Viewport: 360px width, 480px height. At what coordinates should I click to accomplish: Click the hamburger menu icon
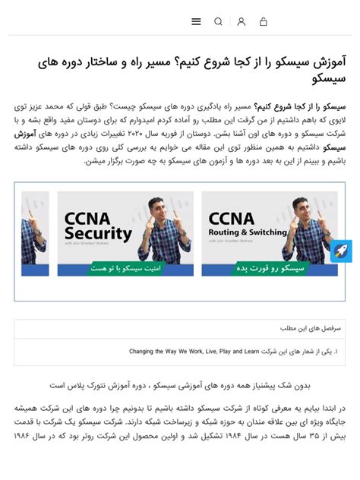(x=196, y=22)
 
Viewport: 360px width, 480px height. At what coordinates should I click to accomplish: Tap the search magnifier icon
(x=219, y=22)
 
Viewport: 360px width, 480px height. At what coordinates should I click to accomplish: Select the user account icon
(x=241, y=22)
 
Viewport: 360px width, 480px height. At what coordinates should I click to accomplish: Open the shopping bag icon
(x=263, y=22)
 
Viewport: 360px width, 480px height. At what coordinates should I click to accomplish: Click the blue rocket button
(x=340, y=251)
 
